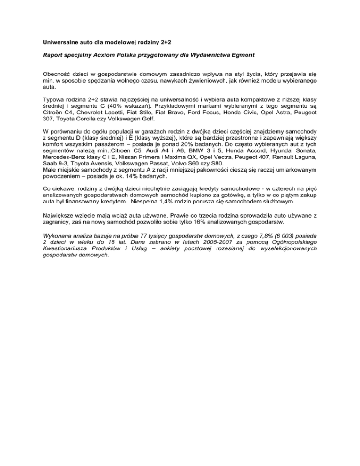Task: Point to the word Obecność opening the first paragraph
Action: pos(59,75)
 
